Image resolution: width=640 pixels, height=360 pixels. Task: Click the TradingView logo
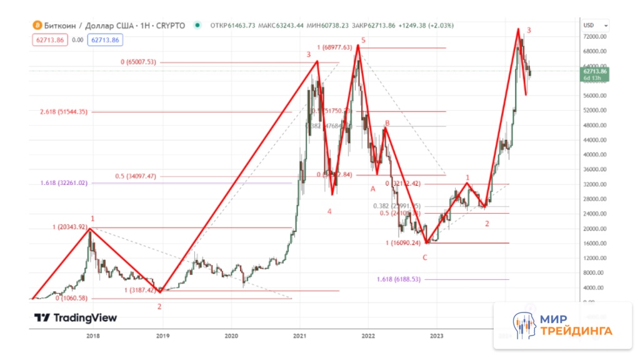tap(76, 317)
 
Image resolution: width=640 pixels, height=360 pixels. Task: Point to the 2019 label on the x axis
tap(162, 336)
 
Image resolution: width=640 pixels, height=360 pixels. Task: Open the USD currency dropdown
tap(594, 26)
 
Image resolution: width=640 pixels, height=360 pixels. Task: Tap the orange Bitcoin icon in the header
tap(37, 26)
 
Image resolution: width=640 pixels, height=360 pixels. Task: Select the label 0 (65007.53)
tap(138, 62)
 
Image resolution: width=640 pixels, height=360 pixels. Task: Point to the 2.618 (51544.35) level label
tap(63, 112)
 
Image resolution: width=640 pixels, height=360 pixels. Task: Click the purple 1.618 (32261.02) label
tap(63, 183)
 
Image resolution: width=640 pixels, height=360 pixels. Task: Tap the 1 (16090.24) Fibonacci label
tap(407, 242)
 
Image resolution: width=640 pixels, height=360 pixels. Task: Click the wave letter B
tap(387, 124)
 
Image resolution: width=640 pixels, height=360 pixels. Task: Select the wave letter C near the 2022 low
tap(425, 257)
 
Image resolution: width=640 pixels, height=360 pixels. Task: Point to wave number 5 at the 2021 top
tap(363, 41)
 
